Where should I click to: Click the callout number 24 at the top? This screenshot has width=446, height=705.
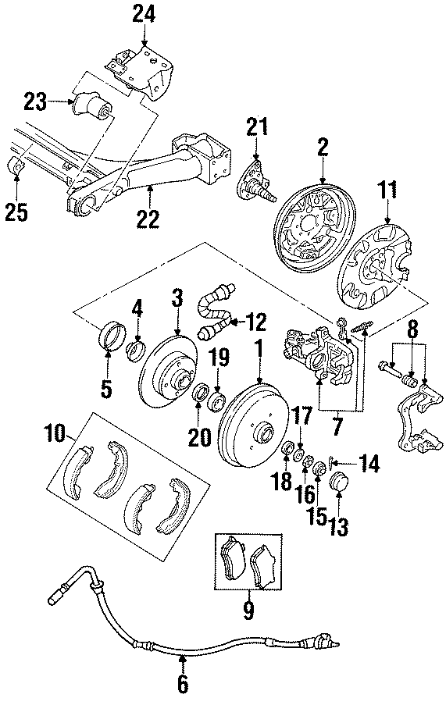[x=144, y=13]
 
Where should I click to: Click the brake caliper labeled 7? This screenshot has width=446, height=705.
[x=320, y=355]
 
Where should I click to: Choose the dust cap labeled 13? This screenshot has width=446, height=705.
[x=341, y=482]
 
